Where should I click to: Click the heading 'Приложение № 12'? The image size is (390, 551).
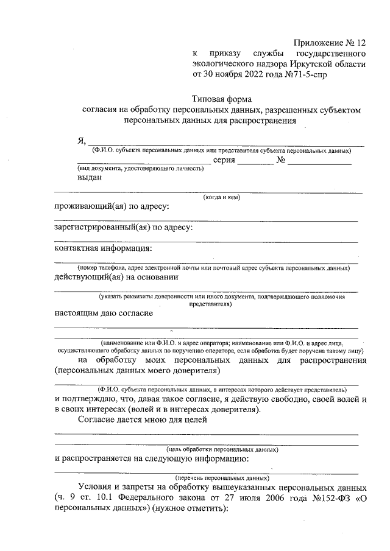pos(329,43)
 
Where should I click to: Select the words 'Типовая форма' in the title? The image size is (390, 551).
pos(221,99)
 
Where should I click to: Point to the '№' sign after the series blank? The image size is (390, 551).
pos(281,160)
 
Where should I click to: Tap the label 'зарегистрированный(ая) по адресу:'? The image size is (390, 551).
pos(124,228)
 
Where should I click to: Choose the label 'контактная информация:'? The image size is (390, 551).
pos(103,248)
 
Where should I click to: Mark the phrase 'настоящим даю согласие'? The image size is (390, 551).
pos(104,314)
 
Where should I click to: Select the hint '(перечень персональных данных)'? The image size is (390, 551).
pos(222,478)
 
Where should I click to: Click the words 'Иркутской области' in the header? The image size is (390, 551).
pos(331,65)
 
